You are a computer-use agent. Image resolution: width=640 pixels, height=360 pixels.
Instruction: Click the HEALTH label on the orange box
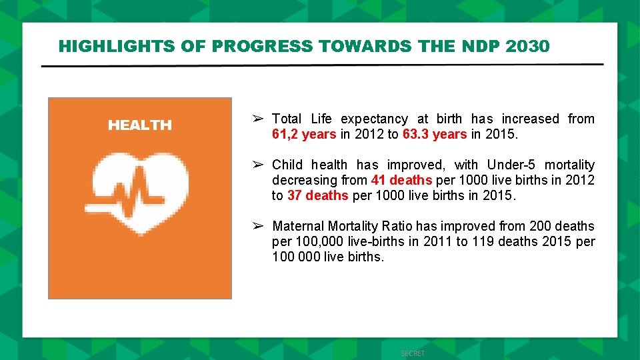click(x=140, y=125)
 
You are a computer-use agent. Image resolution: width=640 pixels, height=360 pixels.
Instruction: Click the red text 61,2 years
click(x=303, y=134)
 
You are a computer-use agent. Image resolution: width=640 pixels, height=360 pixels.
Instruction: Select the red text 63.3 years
click(x=435, y=134)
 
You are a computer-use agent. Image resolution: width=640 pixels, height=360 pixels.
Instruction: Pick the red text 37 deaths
click(x=317, y=195)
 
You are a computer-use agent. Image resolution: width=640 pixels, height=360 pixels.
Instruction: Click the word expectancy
click(x=374, y=119)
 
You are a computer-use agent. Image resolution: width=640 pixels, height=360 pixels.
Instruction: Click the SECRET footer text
click(x=413, y=353)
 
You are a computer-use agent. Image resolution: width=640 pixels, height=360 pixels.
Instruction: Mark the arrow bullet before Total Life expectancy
click(x=259, y=119)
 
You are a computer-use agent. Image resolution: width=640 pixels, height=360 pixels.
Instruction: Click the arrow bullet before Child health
click(x=259, y=165)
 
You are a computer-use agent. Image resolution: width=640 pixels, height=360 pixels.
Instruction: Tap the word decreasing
click(x=305, y=180)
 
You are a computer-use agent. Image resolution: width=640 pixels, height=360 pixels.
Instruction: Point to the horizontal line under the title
click(x=322, y=65)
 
